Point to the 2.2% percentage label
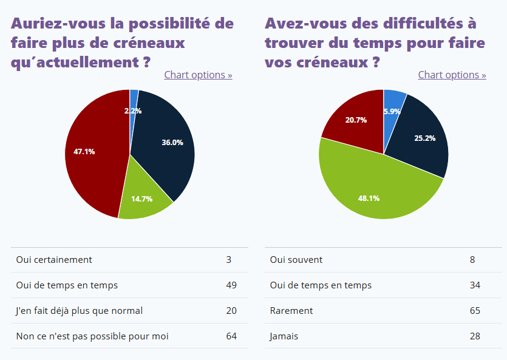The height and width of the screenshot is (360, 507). [132, 111]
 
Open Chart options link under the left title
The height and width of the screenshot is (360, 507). [198, 75]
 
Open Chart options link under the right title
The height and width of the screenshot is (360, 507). [452, 75]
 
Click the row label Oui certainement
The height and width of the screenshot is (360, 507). [54, 259]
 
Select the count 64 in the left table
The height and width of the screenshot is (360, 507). [231, 336]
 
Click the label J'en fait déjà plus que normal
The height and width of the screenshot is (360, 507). [80, 310]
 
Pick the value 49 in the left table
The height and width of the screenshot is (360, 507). [231, 285]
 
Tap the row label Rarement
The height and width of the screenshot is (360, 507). [291, 310]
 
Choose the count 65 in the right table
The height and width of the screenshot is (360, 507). [475, 310]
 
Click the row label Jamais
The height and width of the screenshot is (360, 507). [284, 336]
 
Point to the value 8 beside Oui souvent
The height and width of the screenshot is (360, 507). [472, 259]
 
